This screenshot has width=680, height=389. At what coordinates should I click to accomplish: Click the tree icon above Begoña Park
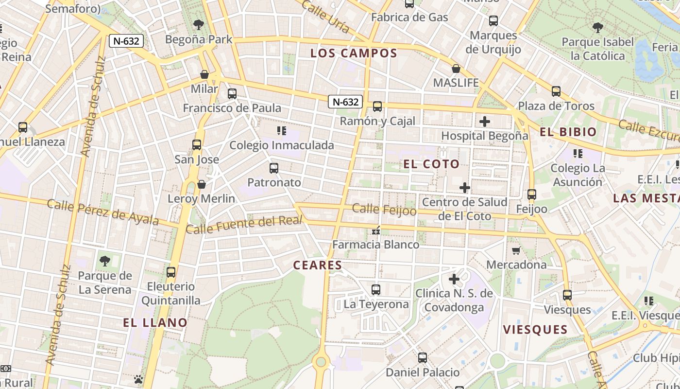(x=198, y=24)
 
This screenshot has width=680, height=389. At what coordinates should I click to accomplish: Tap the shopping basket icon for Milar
(x=204, y=75)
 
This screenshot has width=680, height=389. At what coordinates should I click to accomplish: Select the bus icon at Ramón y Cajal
(x=377, y=106)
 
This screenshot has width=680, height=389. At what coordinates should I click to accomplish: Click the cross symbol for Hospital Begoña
(x=484, y=122)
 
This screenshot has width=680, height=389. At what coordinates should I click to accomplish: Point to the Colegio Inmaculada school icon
(x=281, y=130)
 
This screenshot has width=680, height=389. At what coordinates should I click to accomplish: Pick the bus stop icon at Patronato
(x=274, y=168)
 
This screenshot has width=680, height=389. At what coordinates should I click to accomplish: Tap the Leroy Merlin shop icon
(x=201, y=184)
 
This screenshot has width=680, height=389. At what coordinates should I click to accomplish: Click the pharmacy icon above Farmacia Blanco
(x=375, y=230)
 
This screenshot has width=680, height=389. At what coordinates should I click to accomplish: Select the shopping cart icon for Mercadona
(x=516, y=250)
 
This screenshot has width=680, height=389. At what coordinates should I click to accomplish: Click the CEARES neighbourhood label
(x=318, y=265)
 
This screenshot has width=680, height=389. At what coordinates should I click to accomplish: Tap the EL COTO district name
(x=431, y=164)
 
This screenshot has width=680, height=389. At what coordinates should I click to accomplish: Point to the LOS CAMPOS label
(x=354, y=53)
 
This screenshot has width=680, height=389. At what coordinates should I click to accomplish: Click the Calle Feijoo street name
(x=384, y=210)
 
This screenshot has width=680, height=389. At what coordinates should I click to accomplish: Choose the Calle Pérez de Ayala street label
(x=102, y=212)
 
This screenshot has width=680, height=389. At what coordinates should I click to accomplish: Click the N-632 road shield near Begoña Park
(x=127, y=41)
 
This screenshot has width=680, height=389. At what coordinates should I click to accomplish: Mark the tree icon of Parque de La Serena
(x=104, y=261)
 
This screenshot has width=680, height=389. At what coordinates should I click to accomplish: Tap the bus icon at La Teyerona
(x=376, y=290)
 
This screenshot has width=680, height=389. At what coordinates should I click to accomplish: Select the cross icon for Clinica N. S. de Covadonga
(x=454, y=279)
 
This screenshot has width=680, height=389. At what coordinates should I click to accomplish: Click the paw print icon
(x=138, y=379)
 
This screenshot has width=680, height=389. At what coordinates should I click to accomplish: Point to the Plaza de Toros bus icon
(x=556, y=91)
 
